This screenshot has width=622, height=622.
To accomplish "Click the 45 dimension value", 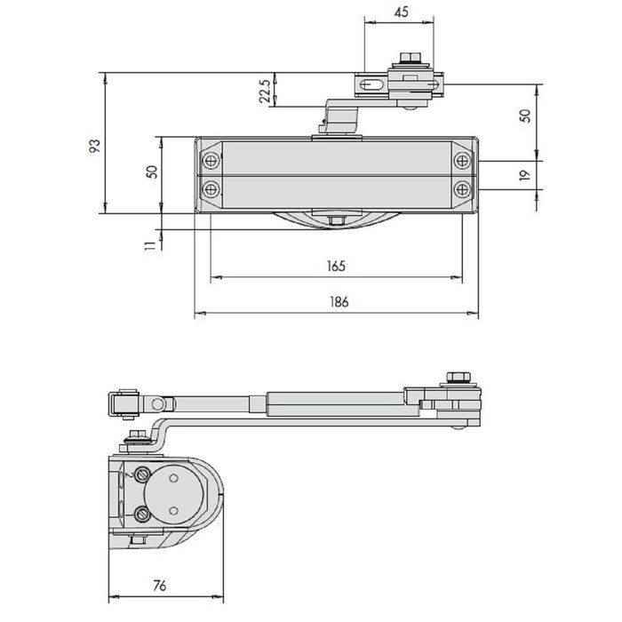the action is click(x=401, y=12).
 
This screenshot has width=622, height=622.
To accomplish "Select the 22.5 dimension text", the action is click(x=265, y=92).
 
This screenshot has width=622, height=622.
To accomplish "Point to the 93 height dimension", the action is click(x=94, y=146).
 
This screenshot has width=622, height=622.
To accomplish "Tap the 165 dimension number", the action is click(x=336, y=266).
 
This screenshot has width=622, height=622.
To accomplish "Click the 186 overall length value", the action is click(x=339, y=302).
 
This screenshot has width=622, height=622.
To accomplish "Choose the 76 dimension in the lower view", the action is click(x=159, y=585).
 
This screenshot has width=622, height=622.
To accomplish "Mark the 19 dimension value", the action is click(x=524, y=175).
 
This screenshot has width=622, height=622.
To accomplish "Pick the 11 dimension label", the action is click(x=150, y=245).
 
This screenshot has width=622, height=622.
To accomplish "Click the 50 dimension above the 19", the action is click(x=525, y=116).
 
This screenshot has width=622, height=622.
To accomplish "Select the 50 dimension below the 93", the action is click(x=152, y=171).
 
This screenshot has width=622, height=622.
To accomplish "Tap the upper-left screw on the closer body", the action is click(x=211, y=161).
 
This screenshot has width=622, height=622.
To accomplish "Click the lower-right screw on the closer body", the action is click(x=462, y=189).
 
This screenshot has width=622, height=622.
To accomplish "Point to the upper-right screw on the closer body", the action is click(x=462, y=161).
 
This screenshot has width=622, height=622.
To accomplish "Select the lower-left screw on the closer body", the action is click(x=211, y=189).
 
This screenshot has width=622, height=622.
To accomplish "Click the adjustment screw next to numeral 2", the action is click(x=142, y=474).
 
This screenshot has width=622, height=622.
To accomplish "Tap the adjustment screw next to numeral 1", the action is click(x=142, y=514).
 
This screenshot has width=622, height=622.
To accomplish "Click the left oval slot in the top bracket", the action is click(x=372, y=85).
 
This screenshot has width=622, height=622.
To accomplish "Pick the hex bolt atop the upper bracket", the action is click(x=411, y=58).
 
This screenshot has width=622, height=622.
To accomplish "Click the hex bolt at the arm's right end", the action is click(x=459, y=377).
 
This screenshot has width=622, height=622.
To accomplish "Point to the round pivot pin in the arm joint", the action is click(x=158, y=404).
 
